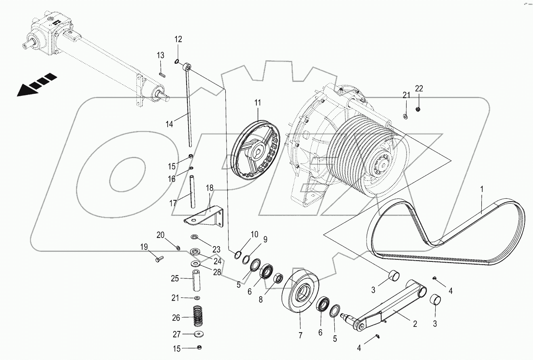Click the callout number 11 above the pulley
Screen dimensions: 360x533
point(258,103)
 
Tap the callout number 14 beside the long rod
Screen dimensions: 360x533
point(169,124)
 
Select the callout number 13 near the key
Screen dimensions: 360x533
point(161,55)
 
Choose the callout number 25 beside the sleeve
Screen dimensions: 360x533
point(174,278)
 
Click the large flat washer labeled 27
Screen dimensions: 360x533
point(199,335)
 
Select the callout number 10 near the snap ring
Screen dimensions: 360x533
point(254,234)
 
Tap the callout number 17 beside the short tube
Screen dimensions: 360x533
point(173,203)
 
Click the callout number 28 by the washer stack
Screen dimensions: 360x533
point(217,273)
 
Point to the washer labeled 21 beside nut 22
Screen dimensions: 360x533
point(405,116)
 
